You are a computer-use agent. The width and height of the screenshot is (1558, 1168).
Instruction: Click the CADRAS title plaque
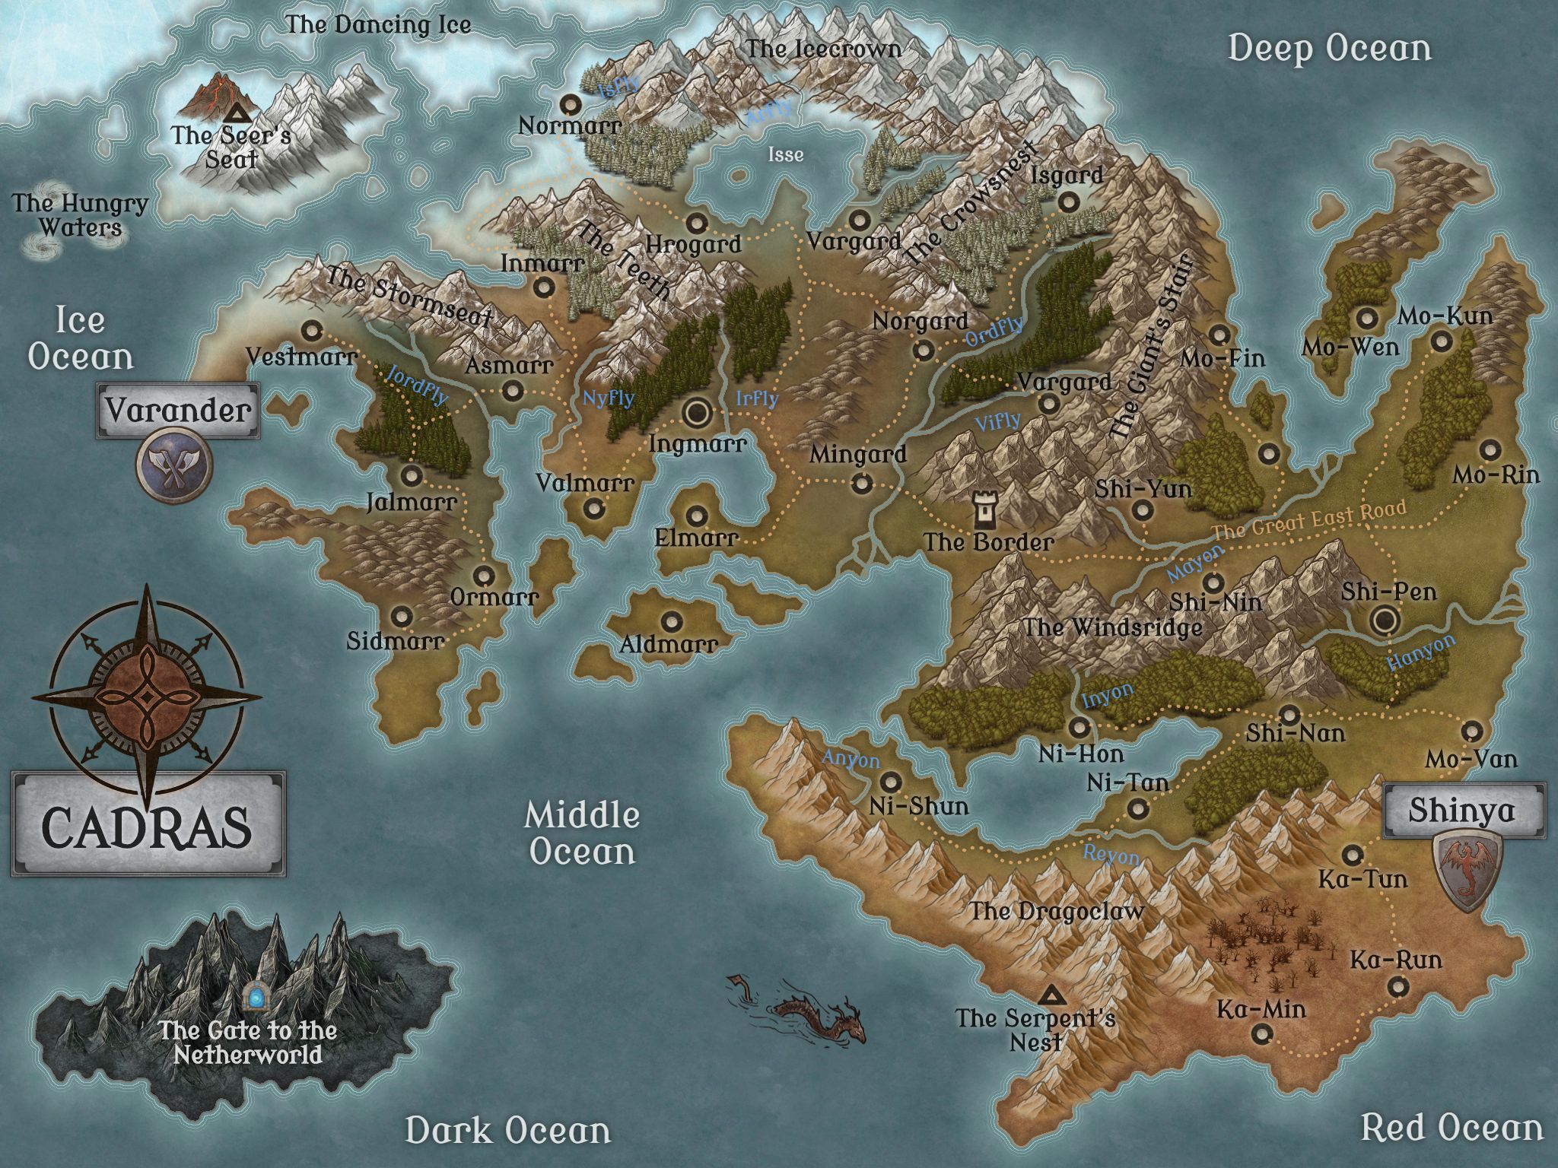coord(148,824)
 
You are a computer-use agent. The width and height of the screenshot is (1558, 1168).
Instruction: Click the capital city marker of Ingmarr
coord(695,413)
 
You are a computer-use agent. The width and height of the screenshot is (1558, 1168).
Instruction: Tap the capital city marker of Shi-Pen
coord(1385,621)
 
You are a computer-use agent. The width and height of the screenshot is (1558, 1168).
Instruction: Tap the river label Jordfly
coord(417,385)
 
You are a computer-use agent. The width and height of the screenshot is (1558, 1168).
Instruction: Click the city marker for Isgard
coord(1068,202)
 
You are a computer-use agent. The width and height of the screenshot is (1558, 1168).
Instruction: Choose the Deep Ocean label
coord(1329,49)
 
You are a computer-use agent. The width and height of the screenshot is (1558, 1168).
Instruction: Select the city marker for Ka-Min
coord(1263,1033)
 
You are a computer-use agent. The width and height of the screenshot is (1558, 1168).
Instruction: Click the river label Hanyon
coord(1420,652)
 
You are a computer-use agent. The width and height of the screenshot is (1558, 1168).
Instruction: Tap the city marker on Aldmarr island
coord(670,621)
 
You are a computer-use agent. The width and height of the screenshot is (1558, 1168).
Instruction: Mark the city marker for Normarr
coord(571,103)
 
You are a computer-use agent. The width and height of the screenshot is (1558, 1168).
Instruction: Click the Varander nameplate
coord(178,411)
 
